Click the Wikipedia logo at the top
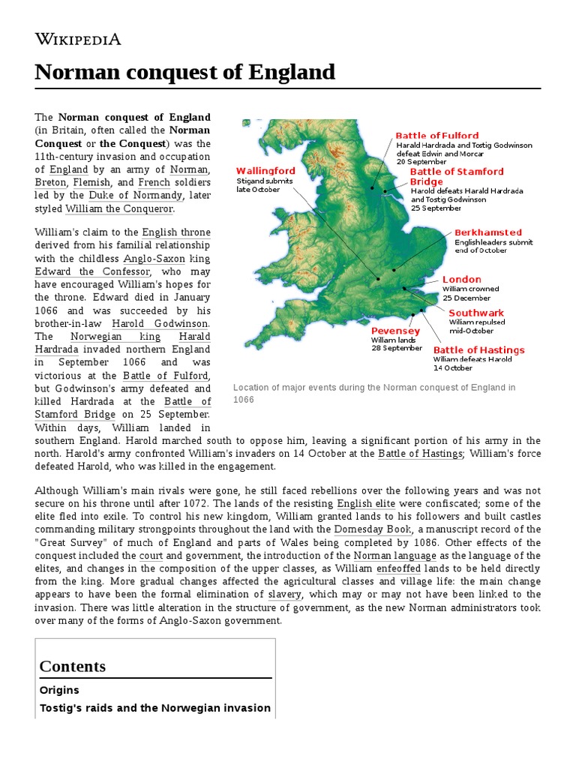click(78, 39)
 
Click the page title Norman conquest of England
click(185, 73)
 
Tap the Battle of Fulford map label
click(436, 136)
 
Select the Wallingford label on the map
click(265, 171)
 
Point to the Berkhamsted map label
click(487, 232)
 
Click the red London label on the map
click(461, 280)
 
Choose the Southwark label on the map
click(476, 313)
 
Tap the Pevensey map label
click(395, 331)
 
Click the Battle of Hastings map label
click(478, 350)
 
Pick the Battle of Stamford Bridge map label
click(456, 176)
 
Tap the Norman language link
click(394, 556)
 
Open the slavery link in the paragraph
click(284, 594)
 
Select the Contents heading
click(72, 666)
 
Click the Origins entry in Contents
click(59, 690)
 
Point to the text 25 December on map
click(467, 298)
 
